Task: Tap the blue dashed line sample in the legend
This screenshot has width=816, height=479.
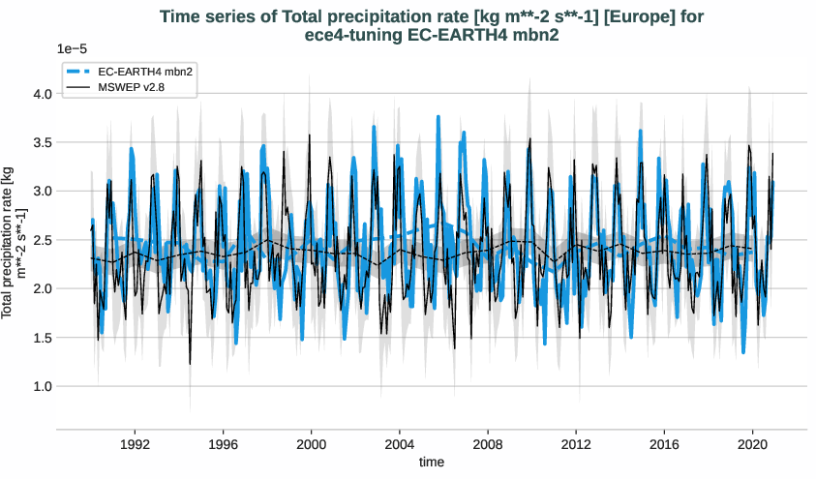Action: [x=79, y=73]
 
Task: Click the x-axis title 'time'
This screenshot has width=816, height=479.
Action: [x=432, y=463]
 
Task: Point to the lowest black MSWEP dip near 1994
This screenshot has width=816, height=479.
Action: [x=190, y=364]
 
